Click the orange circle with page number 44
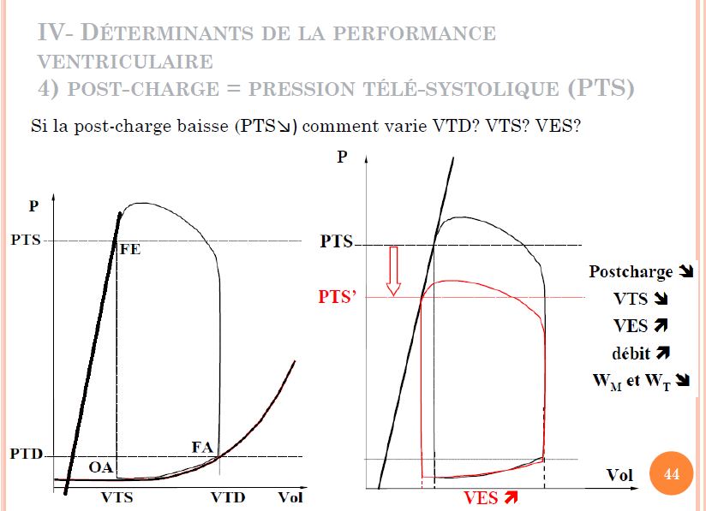[x=672, y=474]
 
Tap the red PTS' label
[x=338, y=297]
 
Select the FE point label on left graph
[x=130, y=251]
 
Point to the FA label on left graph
[x=202, y=447]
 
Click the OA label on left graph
[x=101, y=468]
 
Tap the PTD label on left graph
[x=27, y=454]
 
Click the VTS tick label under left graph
[x=117, y=497]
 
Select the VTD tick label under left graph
[x=229, y=497]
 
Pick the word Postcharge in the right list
[x=631, y=271]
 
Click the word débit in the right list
[x=631, y=353]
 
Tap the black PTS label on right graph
[x=337, y=241]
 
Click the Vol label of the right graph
[x=619, y=474]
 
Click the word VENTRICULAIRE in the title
[x=126, y=62]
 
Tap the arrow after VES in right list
[x=660, y=326]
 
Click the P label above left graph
[x=33, y=205]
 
